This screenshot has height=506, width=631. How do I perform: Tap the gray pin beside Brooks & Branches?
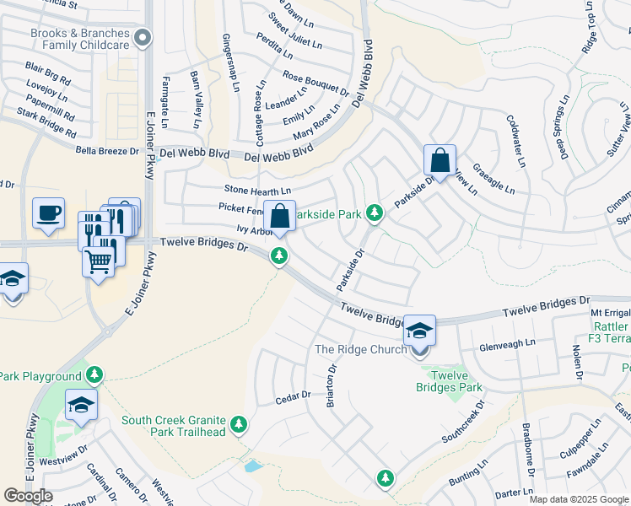pyautogui.click(x=144, y=36)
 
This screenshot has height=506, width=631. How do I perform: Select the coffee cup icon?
pyautogui.click(x=48, y=213)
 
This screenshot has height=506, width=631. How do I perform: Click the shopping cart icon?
pyautogui.click(x=98, y=261)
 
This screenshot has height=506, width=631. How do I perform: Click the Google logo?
pyautogui.click(x=29, y=495)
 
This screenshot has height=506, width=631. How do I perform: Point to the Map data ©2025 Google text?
pyautogui.click(x=579, y=499)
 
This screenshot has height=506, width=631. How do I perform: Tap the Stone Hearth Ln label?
pyautogui.click(x=257, y=191)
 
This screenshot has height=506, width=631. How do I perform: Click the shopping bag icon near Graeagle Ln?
pyautogui.click(x=440, y=159)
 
